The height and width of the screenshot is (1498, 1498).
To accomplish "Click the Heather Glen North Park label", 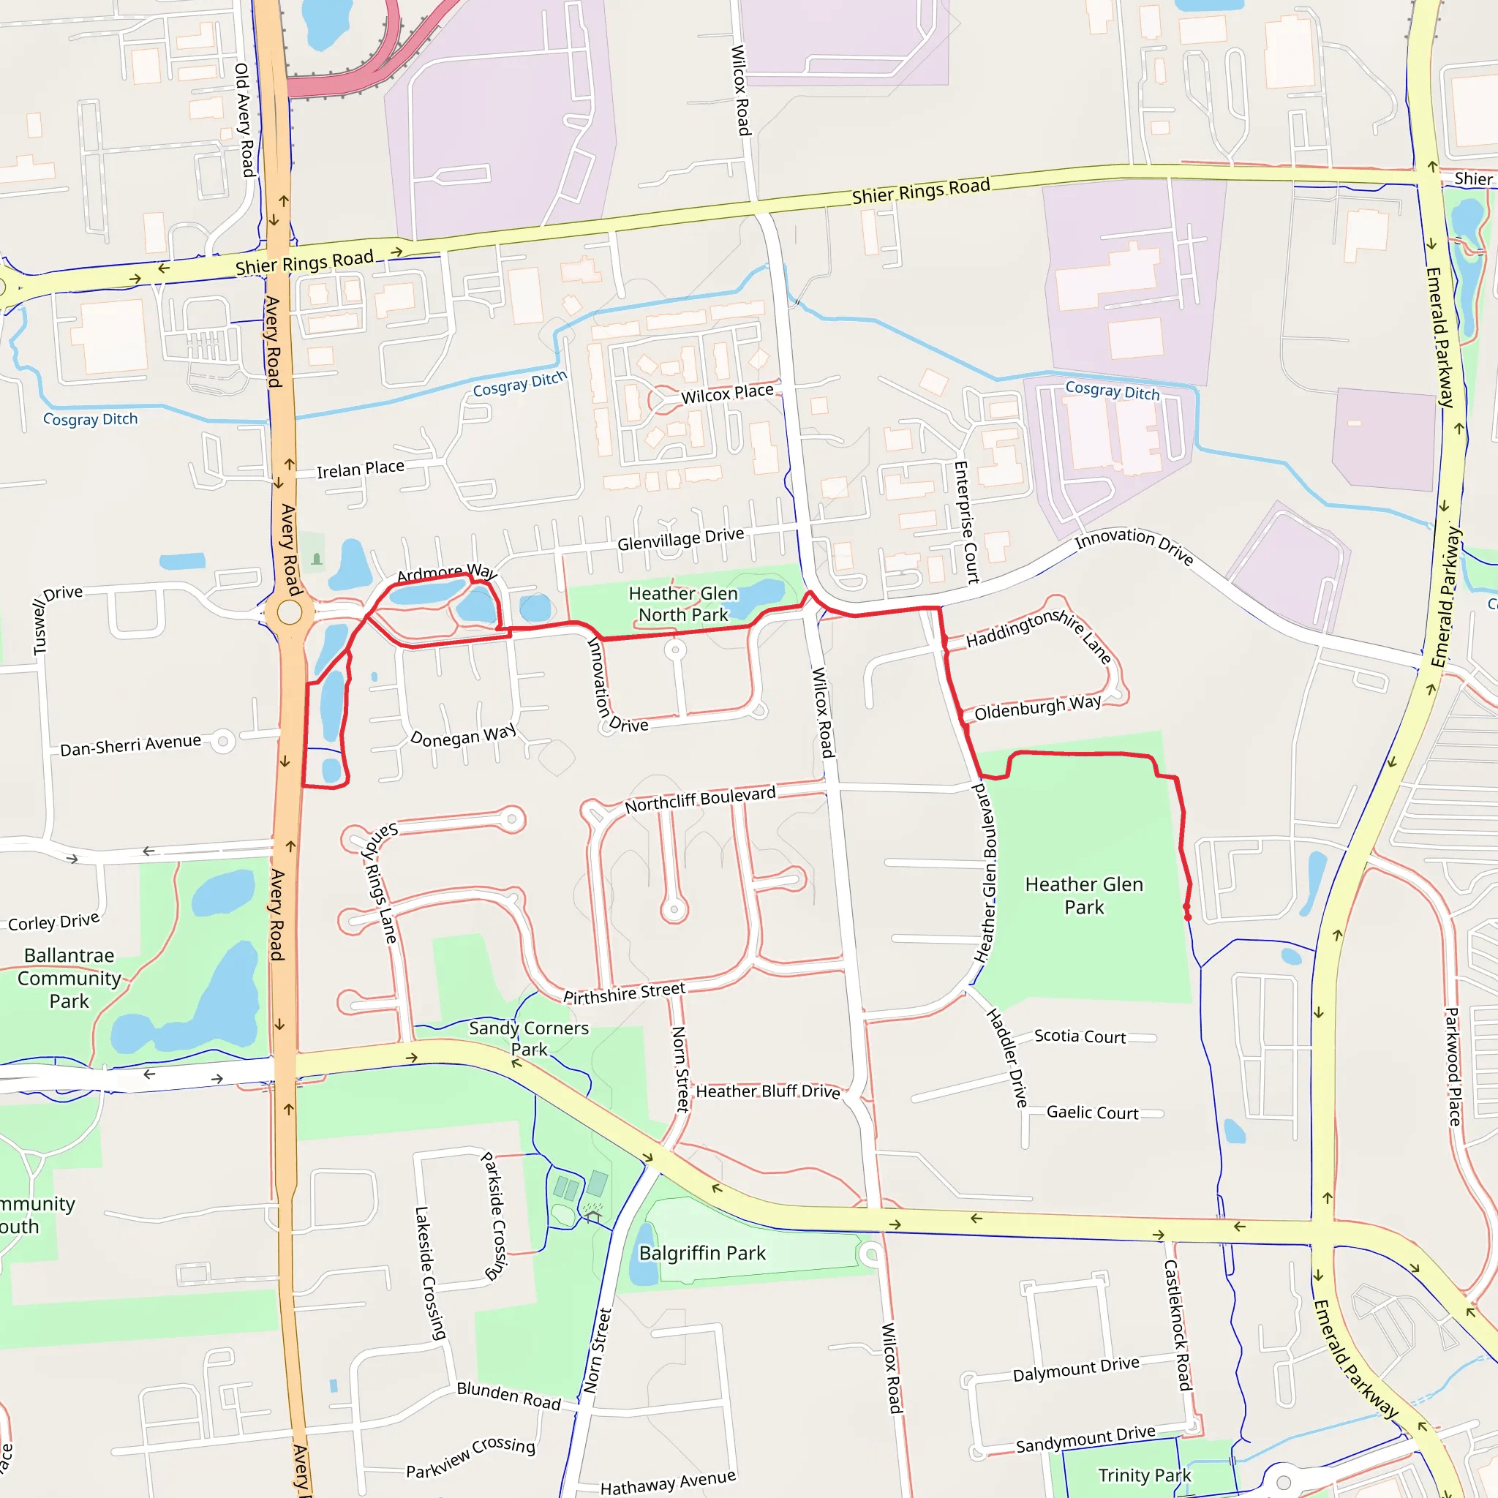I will coord(682,604).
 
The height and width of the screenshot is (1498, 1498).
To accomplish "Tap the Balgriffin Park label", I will coord(701,1253).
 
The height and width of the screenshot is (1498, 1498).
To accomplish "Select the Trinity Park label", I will coord(1144,1475).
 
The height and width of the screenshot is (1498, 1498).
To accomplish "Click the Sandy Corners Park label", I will coord(529,1038).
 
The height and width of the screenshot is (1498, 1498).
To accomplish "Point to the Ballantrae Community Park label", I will coord(69,978).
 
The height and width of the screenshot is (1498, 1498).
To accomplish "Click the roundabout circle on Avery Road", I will coord(289,612).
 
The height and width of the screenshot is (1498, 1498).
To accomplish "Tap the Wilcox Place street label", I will coord(726,394).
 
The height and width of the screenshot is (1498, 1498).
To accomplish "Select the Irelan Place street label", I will coord(360,469).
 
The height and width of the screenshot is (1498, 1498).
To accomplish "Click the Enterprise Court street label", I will coord(966,521).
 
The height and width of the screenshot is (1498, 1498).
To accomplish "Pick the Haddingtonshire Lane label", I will coord(1039,632).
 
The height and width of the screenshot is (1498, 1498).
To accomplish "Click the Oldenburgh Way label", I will coord(1036,707).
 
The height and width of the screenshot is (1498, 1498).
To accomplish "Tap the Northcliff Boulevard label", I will coord(699,799).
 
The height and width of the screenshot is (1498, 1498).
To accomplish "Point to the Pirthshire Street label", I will coord(623,993).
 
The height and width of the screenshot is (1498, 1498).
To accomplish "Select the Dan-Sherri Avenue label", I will coord(130,745).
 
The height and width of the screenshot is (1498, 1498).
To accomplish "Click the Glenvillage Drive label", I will coord(680,539).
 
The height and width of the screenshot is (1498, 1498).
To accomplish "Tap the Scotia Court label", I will coord(1080,1036).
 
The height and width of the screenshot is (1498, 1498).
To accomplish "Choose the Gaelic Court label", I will coord(1092,1113).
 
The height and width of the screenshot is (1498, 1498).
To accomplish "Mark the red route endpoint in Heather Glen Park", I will coord(1188,917).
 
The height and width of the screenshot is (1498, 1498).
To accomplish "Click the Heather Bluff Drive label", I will coord(767,1092).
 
